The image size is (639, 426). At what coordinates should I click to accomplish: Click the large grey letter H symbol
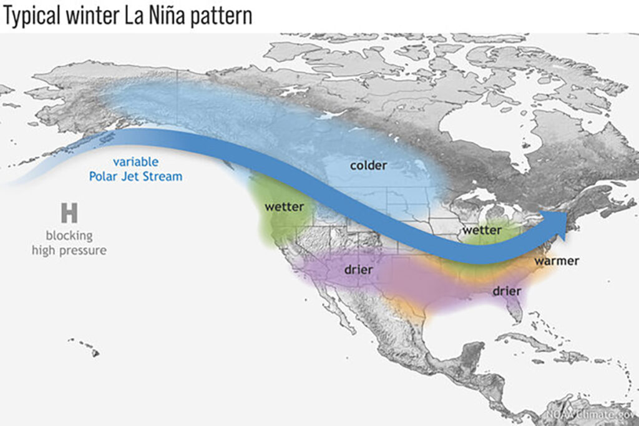pos(69,214)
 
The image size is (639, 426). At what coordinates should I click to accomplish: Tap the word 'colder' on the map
pos(368,166)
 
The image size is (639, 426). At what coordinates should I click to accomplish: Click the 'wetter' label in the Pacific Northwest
pos(284,207)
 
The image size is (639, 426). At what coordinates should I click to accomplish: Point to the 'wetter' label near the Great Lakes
pos(482,230)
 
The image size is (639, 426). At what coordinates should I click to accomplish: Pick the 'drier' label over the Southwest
pos(358,270)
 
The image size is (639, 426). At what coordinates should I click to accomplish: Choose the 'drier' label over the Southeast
pos(507,291)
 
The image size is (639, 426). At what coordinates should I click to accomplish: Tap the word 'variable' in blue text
pos(135,162)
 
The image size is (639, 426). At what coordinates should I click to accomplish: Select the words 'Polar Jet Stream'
pos(135,176)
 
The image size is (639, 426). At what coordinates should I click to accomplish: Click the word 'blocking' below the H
pos(69,236)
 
